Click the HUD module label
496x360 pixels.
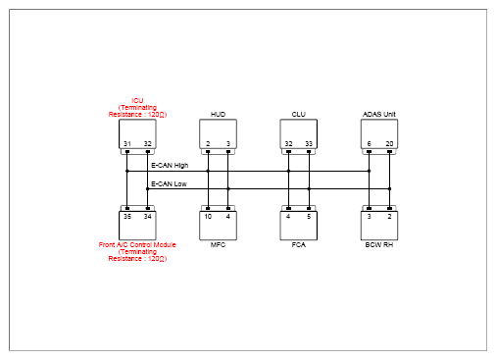tap(218, 114)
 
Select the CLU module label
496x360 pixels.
tap(298, 114)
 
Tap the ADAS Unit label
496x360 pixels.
tap(379, 114)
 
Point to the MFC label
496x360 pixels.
tap(218, 244)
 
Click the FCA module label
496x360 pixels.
tap(298, 244)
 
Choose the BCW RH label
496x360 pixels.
tap(379, 244)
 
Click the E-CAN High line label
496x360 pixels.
tap(170, 166)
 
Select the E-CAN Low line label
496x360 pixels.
tap(169, 183)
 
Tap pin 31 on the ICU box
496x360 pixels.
tap(127, 144)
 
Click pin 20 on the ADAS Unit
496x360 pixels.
tap(389, 144)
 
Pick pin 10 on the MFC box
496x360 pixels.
tap(208, 216)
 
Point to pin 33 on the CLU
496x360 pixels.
tap(309, 144)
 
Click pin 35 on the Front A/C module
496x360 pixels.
tap(127, 216)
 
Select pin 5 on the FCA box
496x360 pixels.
tap(309, 216)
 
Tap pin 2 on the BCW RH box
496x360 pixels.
tap(389, 216)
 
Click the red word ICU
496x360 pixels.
tap(137, 100)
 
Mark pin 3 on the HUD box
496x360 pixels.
tap(228, 144)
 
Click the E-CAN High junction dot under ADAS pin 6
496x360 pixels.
tap(369, 171)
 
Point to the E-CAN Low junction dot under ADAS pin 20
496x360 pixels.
tap(389, 188)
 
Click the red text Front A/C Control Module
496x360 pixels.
tap(137, 244)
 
